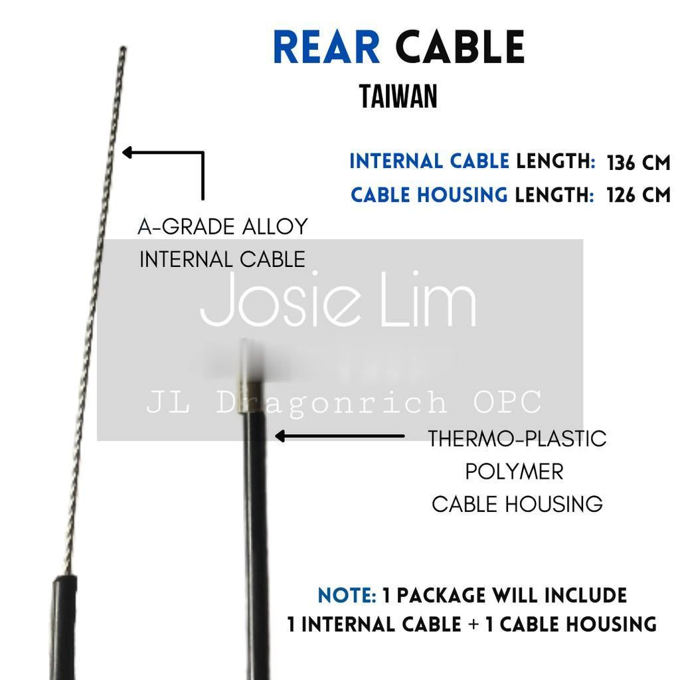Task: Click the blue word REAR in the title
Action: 326,48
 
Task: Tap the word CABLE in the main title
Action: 460,48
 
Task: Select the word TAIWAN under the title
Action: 398,97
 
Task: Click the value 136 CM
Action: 638,163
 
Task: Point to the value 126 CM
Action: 638,195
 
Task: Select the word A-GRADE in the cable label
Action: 179,227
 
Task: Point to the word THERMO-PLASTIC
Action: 517,439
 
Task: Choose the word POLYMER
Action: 514,471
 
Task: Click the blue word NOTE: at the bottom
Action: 347,596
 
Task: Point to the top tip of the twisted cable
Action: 124,48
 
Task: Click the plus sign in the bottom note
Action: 473,625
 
